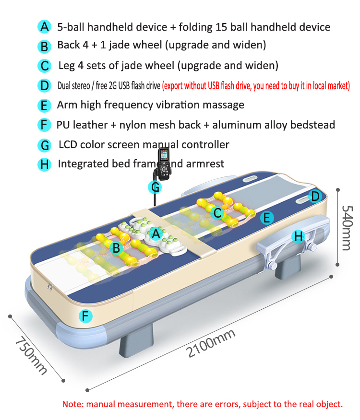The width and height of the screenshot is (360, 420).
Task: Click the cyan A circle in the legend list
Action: pyautogui.click(x=44, y=27)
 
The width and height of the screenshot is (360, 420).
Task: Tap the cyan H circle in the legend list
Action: pyautogui.click(x=44, y=164)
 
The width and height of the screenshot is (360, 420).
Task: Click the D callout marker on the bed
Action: pyautogui.click(x=315, y=197)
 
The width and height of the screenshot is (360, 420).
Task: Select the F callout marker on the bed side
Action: pyautogui.click(x=85, y=316)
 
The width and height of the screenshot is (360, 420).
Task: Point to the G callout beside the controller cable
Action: pyautogui.click(x=155, y=187)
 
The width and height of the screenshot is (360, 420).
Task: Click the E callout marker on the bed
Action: pyautogui.click(x=267, y=218)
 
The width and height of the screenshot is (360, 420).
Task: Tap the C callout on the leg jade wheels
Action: pyautogui.click(x=217, y=213)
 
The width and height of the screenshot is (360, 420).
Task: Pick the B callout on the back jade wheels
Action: pyautogui.click(x=117, y=248)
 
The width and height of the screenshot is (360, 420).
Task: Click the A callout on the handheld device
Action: pyautogui.click(x=156, y=234)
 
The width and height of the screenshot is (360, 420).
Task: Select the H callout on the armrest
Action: pyautogui.click(x=298, y=236)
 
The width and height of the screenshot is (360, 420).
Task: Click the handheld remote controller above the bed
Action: pyautogui.click(x=164, y=163)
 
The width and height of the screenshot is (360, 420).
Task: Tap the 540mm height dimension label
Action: pyautogui.click(x=347, y=228)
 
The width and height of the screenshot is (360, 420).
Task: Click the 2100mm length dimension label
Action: pyautogui.click(x=211, y=344)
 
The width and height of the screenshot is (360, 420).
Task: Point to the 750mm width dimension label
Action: pyautogui.click(x=31, y=356)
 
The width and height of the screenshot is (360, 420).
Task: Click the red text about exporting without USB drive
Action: pyautogui.click(x=256, y=86)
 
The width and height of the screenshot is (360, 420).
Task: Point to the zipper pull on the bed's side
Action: pyautogui.click(x=49, y=287)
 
